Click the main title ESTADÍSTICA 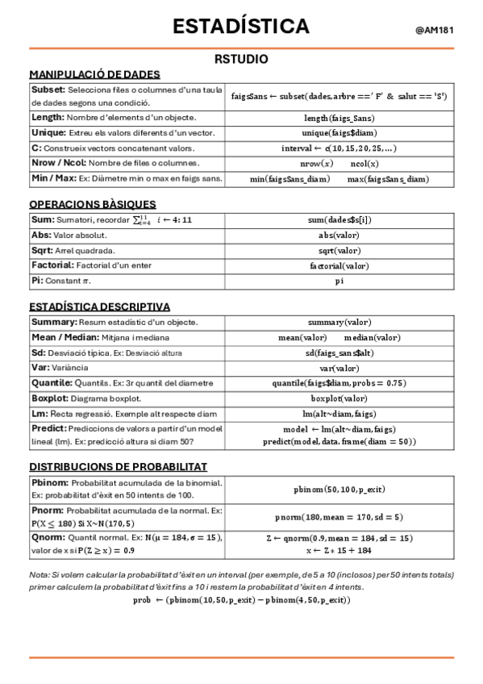tap(241, 27)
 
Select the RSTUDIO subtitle tap(241, 59)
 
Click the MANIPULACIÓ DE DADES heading tap(94, 74)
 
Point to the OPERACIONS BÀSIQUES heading tap(93, 204)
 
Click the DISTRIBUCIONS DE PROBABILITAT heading tap(119, 466)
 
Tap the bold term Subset tap(48, 89)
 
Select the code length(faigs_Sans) tap(339, 119)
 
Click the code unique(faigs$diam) tap(339, 133)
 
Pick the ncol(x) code tap(369, 163)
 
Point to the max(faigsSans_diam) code tap(388, 179)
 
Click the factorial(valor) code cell tap(339, 265)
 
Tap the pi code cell tap(339, 281)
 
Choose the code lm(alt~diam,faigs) tap(339, 413)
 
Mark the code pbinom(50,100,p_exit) tap(339, 490)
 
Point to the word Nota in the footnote tap(39, 575)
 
